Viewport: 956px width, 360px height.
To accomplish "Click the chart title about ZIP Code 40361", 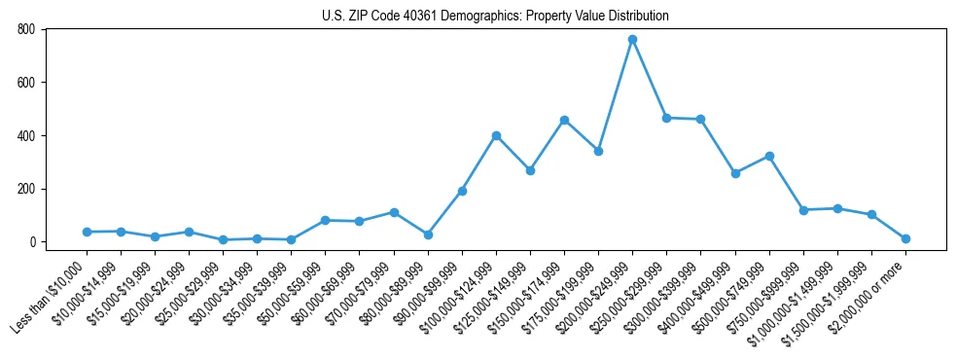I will click(495, 16).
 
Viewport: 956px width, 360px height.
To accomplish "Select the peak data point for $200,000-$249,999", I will click(632, 40).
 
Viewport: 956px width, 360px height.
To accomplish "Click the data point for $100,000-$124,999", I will click(496, 135).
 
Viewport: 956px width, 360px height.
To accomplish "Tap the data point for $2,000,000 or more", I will click(905, 238).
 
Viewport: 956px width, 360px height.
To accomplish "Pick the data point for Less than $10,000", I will click(87, 232).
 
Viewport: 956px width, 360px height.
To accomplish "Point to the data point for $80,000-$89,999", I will click(428, 234).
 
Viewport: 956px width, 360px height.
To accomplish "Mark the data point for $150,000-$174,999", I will click(564, 120).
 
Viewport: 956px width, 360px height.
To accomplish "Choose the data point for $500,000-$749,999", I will click(769, 156).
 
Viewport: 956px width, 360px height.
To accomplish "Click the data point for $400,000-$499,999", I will click(735, 173).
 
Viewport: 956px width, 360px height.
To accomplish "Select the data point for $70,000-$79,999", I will click(394, 212).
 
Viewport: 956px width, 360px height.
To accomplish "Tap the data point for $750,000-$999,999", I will click(803, 210).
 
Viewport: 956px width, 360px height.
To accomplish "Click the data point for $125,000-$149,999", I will click(530, 170).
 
